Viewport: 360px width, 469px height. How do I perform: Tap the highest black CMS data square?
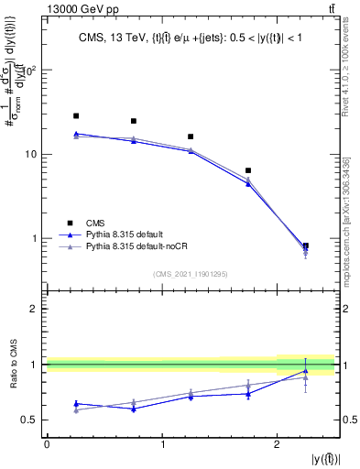tap(76, 116)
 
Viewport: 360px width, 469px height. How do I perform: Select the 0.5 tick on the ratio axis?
tap(32, 420)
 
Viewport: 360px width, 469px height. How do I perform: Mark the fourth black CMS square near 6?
tap(248, 170)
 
